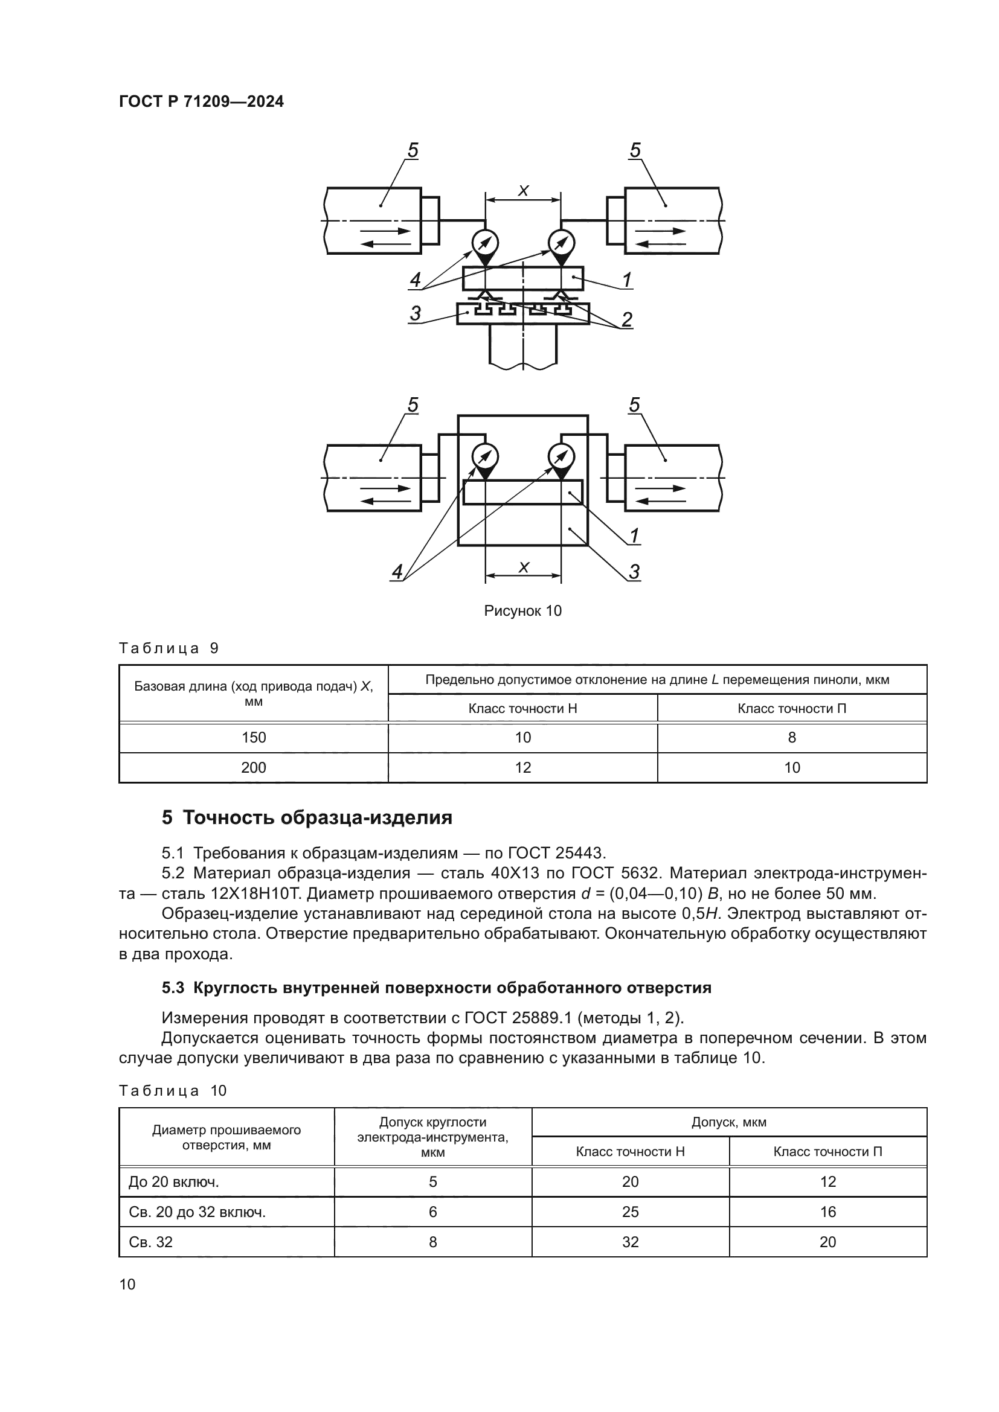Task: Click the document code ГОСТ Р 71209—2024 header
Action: (x=201, y=102)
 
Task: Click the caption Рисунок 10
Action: (x=522, y=611)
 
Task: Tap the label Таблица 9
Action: (x=169, y=648)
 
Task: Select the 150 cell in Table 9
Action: (x=254, y=737)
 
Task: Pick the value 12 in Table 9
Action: (x=522, y=767)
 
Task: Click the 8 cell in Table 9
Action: (x=792, y=737)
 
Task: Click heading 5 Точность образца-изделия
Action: (x=307, y=817)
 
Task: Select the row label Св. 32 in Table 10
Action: (x=151, y=1242)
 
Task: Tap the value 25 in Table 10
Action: (x=630, y=1212)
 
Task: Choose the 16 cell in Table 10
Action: (x=827, y=1212)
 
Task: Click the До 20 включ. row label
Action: (x=174, y=1181)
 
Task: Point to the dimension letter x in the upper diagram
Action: (x=523, y=191)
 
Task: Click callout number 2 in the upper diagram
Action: (x=626, y=319)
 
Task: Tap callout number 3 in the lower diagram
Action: (x=634, y=572)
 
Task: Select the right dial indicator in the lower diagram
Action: (x=561, y=456)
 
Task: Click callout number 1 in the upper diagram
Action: (x=626, y=281)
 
